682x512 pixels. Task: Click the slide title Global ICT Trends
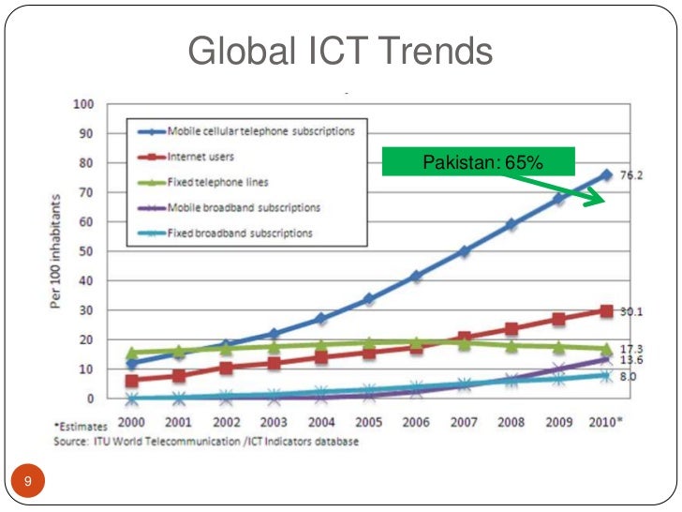click(340, 52)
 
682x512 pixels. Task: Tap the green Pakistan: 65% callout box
click(478, 163)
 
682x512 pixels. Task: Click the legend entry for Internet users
click(200, 156)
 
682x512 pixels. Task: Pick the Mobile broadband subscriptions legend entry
click(244, 206)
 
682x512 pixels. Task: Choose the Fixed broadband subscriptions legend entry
click(240, 232)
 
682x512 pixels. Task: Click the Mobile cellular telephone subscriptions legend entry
click(260, 130)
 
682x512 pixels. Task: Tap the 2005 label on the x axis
click(368, 422)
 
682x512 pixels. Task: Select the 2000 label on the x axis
click(132, 422)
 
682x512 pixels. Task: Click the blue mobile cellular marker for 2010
click(606, 174)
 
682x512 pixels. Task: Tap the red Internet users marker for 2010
click(606, 310)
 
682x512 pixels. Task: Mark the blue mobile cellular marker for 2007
click(464, 251)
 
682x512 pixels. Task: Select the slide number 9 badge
click(28, 482)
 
